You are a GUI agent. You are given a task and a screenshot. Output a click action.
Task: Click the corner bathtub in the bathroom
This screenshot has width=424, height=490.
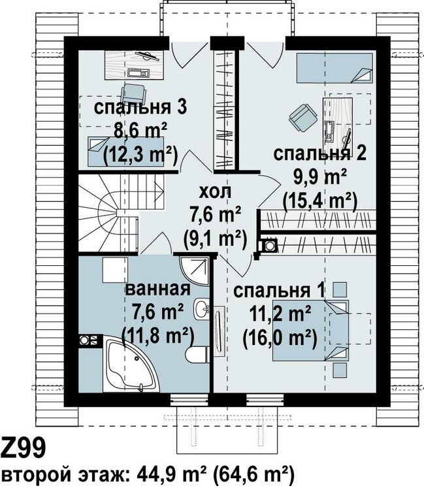pos(129,366)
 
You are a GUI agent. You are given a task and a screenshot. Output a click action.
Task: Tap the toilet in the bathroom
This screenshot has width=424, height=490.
pos(197,354)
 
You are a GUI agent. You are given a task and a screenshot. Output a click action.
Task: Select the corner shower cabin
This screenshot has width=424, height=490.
pos(194,270)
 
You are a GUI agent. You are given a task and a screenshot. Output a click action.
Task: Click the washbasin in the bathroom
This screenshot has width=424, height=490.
pos(201,309)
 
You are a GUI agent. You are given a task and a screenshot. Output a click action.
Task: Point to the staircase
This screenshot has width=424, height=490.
pos(120,212)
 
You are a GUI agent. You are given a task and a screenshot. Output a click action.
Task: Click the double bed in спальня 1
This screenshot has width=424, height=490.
pos(310,331)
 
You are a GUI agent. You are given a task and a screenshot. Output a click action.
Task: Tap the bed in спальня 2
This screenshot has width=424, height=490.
pos(334,68)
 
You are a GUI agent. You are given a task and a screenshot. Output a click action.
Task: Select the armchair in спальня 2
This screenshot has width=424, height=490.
pos(302,118)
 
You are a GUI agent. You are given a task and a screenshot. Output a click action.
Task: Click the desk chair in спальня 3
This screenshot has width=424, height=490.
pos(134,93)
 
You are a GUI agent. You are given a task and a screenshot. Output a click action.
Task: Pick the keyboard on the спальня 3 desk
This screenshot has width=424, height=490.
pos(139,73)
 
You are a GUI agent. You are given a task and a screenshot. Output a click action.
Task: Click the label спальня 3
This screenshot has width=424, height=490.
pos(140,108)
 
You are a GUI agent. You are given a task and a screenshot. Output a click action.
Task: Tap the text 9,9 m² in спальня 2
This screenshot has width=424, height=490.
pos(320,177)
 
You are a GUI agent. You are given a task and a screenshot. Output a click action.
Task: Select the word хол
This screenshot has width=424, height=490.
pos(216,191)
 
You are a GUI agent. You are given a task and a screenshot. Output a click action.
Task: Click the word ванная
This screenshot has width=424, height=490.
pos(157,289)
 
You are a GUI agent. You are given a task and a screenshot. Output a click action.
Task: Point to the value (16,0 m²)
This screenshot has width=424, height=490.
pos(280,338)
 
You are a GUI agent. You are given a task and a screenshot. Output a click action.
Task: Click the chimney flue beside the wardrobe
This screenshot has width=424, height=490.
pos(269,245)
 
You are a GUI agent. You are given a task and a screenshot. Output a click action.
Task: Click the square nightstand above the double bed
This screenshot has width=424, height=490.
pos(339,290)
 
